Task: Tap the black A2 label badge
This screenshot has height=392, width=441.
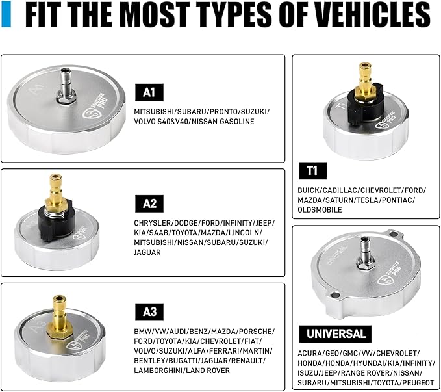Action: tap(150, 203)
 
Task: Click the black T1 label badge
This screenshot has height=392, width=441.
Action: tap(312, 172)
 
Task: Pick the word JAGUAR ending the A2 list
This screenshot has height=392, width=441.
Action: tap(149, 253)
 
